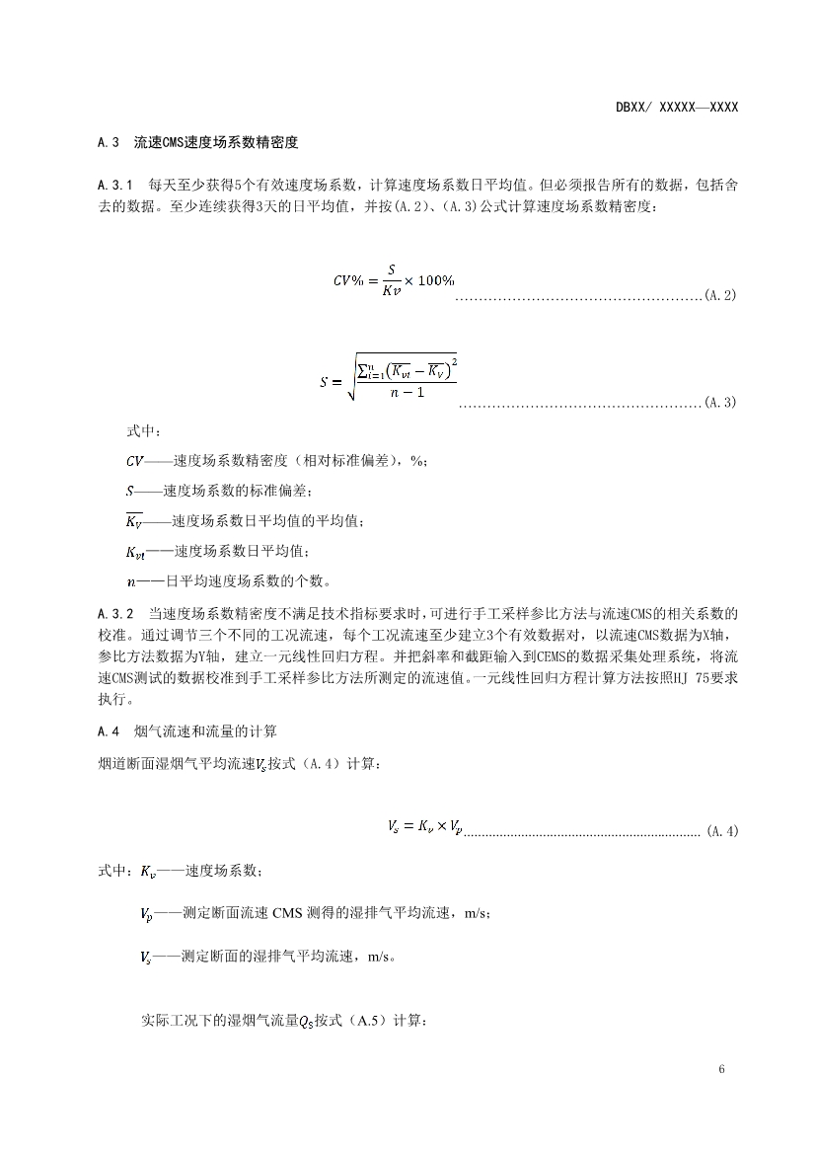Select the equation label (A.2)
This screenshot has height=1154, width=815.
point(721,296)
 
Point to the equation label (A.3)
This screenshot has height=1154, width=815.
point(721,404)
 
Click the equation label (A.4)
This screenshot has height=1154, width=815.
point(722,831)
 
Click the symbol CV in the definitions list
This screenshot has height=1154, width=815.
point(134,461)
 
